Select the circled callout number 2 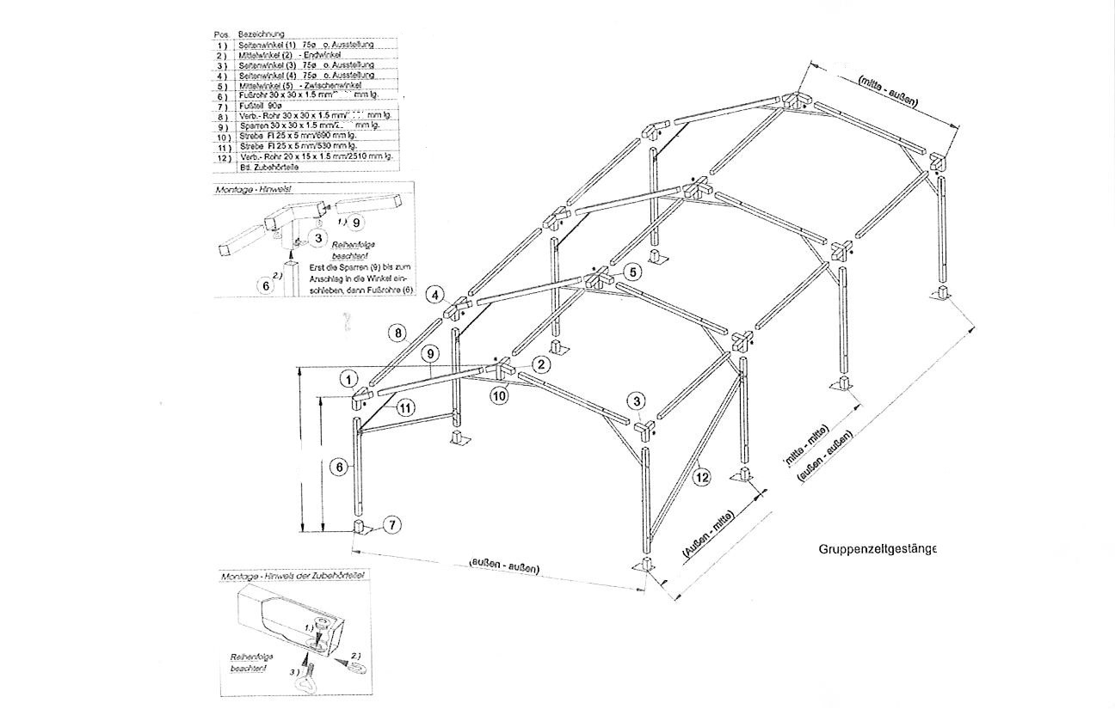540,364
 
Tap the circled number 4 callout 436,295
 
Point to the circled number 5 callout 632,272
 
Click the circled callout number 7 391,523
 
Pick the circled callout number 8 396,332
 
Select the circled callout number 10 500,395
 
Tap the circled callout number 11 403,408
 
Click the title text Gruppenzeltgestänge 877,547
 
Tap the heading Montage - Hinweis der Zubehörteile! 293,576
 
